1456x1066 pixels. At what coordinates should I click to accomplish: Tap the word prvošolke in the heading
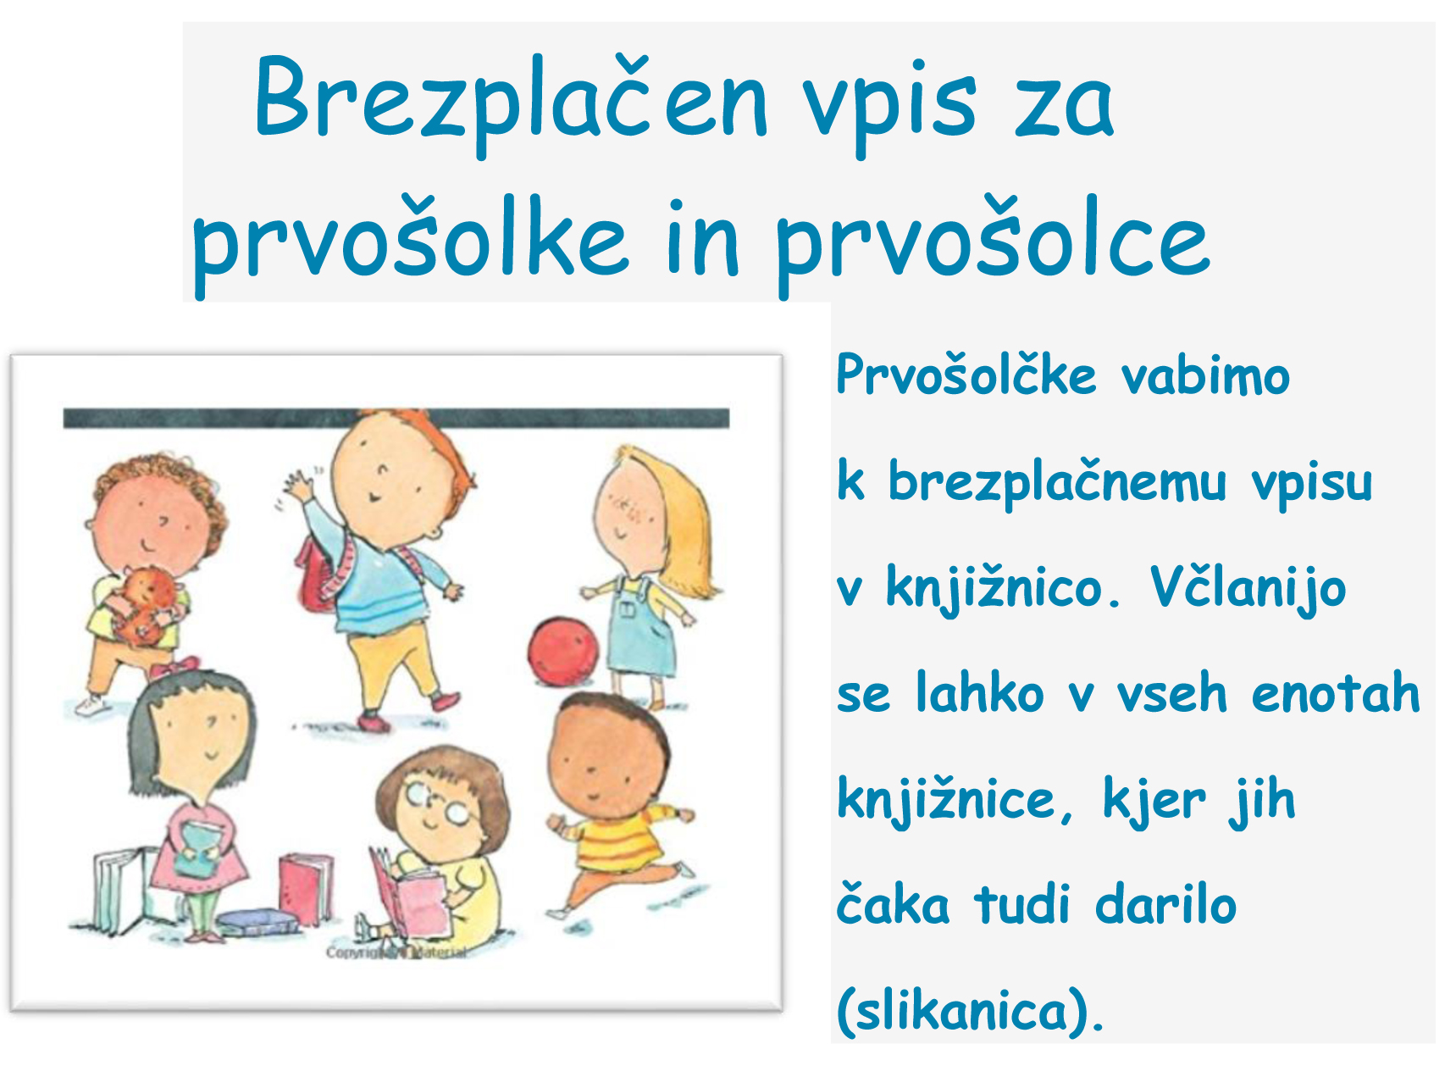click(410, 241)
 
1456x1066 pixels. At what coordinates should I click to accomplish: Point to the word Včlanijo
click(1248, 588)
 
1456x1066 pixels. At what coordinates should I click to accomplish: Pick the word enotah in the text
click(1335, 692)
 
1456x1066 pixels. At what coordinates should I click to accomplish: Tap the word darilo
click(1165, 904)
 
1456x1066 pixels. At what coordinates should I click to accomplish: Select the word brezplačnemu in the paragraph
click(1057, 482)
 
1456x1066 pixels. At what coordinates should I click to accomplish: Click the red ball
click(562, 651)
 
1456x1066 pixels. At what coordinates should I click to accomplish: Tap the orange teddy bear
click(148, 603)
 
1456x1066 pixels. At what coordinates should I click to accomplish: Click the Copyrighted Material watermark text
click(396, 952)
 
